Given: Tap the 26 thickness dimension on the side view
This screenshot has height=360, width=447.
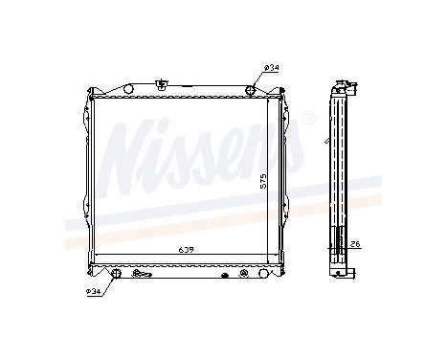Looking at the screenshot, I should pos(354,243).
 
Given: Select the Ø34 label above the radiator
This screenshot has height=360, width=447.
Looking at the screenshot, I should pos(271,67).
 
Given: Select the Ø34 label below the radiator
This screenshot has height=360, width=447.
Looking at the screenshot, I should pos(93,291).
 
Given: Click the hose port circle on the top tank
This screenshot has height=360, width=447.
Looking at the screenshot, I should pos(250,90).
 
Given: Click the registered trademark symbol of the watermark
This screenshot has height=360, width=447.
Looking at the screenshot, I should pos(308,120).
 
